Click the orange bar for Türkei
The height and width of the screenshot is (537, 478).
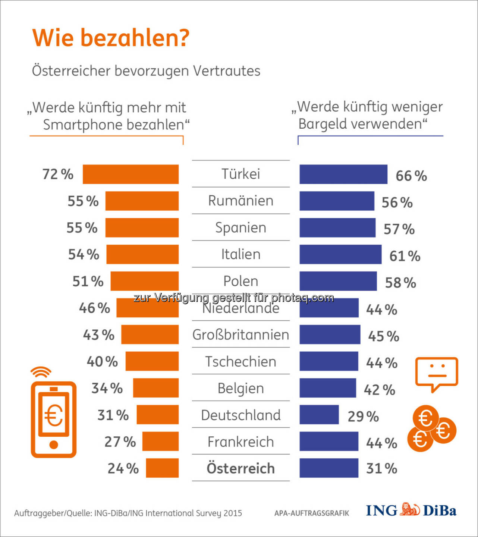coord(130,174)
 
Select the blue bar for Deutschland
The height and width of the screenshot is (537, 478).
coord(319,415)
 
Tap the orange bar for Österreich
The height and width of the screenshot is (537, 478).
coord(162,468)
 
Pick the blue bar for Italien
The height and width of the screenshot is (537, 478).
coord(340,254)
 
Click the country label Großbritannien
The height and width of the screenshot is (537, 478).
coord(241,335)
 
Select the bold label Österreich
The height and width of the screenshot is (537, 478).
coord(241,468)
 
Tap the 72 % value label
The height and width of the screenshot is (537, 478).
coord(58,174)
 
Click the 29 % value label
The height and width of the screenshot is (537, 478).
coord(363,417)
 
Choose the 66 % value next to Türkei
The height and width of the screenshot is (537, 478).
coord(411,176)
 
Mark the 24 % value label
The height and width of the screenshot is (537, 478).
coord(123,468)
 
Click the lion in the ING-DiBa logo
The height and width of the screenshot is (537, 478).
coord(410,510)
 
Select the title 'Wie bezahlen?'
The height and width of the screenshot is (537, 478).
coord(111,38)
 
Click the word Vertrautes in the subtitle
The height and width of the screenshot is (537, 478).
coord(226,71)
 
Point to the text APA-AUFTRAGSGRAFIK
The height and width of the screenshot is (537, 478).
coord(312,513)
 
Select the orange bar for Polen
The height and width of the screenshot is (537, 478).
coord(144,281)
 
